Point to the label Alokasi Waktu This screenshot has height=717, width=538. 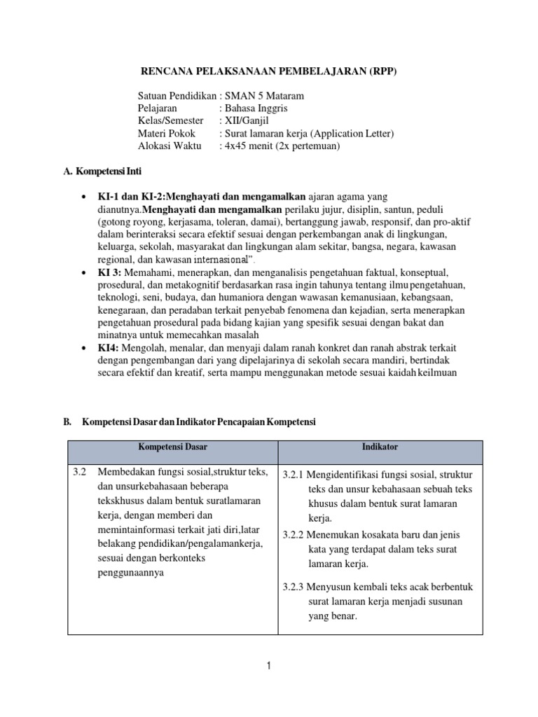tap(170, 146)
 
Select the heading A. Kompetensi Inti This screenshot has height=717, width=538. tap(102, 170)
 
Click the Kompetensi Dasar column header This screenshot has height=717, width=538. tap(172, 446)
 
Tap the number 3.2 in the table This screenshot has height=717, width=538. tap(80, 473)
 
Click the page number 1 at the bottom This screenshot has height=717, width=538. tap(268, 667)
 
